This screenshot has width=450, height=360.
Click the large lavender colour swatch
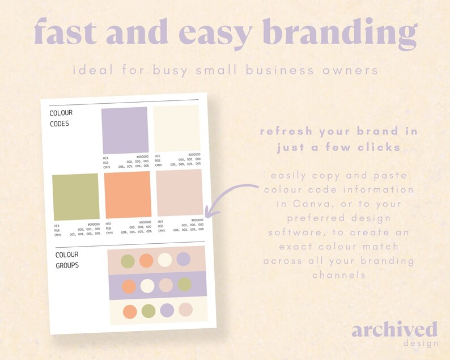125,130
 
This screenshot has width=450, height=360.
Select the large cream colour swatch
176,128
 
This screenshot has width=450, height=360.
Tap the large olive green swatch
76,197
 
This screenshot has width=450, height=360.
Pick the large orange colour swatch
128,194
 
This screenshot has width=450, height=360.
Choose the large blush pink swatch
179,193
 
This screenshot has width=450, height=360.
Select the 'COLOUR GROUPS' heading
67,260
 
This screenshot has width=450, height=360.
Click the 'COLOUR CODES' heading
61,118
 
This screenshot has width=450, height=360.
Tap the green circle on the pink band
128,261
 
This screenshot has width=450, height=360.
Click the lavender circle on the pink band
183,259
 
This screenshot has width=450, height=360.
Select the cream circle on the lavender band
147,286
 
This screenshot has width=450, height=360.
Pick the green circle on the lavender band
185,284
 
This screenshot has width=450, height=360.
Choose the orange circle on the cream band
130,311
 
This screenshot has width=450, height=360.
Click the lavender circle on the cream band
167,310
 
